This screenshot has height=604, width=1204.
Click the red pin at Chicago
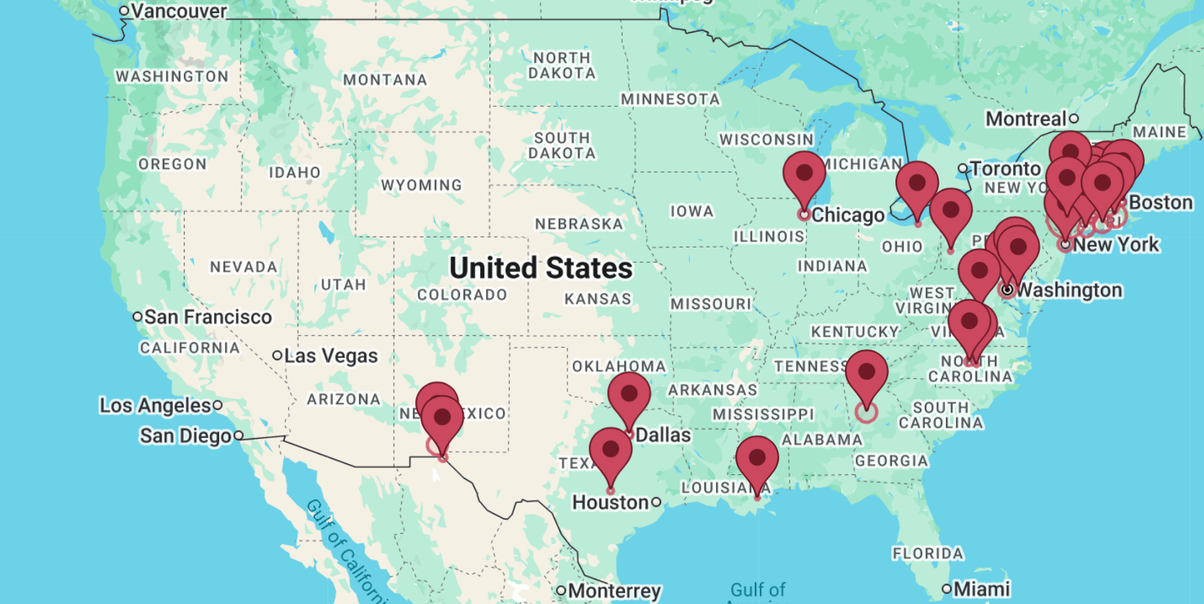coord(804,175)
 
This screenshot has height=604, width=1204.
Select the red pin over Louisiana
coord(756,459)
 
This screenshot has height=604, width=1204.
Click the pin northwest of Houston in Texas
coord(610,451)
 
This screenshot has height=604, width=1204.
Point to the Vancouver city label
coord(178,11)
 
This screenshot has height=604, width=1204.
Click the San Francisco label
coord(208,317)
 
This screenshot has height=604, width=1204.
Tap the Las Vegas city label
coord(330,356)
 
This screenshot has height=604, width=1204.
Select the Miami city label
coord(981,589)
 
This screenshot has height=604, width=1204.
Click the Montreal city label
coord(1026,119)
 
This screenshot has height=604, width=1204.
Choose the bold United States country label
coord(541,268)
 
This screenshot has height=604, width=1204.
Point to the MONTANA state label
coord(385,80)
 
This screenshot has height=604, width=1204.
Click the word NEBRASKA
coord(579,224)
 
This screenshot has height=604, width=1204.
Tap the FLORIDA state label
coord(927,553)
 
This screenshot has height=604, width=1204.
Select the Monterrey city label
coord(614,591)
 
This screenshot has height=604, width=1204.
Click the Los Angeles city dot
coord(218,406)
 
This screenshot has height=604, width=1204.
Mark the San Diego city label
coord(185,436)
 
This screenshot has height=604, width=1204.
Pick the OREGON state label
coord(172,165)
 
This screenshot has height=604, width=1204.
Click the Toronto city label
coord(1005,169)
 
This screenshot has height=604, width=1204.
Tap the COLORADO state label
coord(461,294)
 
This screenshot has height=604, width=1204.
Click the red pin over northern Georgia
coord(866,375)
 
